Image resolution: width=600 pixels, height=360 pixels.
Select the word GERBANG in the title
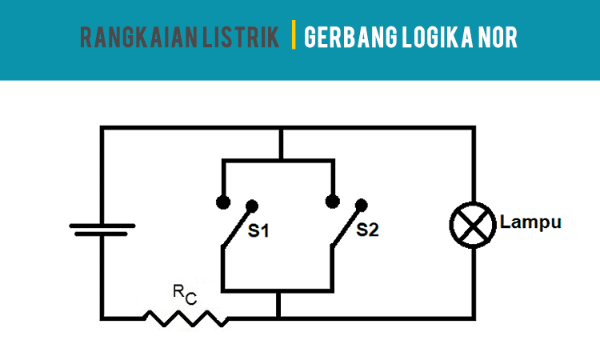click(x=345, y=38)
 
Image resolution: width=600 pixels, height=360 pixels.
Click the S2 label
click(x=367, y=230)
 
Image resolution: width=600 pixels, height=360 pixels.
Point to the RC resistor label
click(x=185, y=294)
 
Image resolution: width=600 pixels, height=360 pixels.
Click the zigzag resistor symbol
click(x=186, y=318)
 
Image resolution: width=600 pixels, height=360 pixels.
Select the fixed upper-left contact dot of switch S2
click(x=331, y=200)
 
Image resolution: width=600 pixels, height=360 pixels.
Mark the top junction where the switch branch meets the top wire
click(x=278, y=126)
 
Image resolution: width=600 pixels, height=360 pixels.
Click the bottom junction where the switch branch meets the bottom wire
click(x=278, y=318)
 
